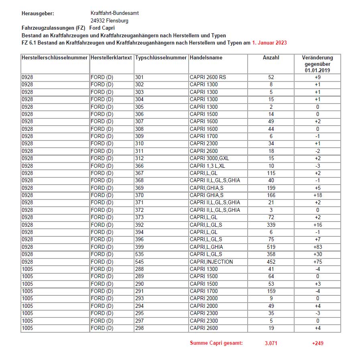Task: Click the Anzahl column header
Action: point(271,58)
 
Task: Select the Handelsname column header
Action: point(206,58)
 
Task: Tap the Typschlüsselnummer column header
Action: point(161,58)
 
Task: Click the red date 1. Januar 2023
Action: point(269,43)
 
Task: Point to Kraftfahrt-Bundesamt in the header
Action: point(114,13)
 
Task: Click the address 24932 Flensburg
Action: point(109,20)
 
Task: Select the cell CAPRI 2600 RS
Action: point(207,77)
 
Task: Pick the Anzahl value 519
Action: point(271,247)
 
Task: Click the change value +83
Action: point(317,247)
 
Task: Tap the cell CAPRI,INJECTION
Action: point(211,262)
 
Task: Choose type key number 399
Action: point(139,247)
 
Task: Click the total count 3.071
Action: point(271,343)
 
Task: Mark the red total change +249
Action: point(317,343)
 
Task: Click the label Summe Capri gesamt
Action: point(216,343)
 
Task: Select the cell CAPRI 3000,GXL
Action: point(209,158)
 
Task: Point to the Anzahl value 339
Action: point(271,225)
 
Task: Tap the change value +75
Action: point(317,262)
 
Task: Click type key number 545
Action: point(139,262)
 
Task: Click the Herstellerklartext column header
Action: point(111,58)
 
